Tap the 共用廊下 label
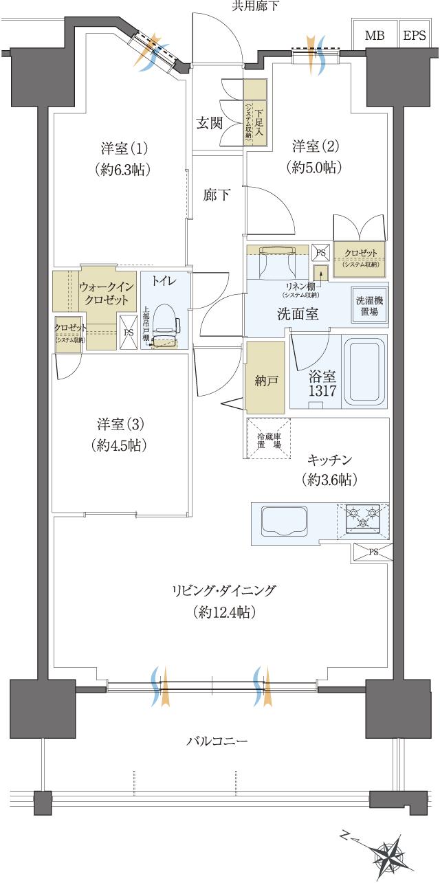255,7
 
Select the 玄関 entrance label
210,123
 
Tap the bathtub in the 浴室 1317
364,372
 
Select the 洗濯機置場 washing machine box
370,305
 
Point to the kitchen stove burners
362,518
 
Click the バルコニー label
217,741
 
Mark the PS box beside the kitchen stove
373,552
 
